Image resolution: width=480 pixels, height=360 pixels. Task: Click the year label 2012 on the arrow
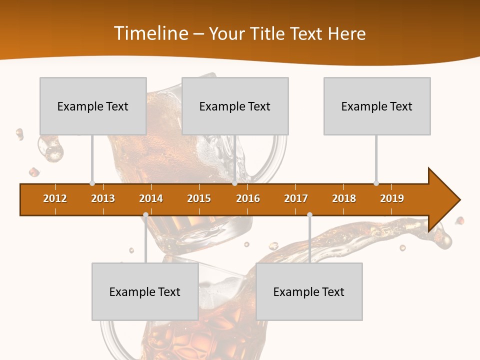(55, 198)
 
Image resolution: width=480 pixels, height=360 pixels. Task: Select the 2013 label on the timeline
(103, 198)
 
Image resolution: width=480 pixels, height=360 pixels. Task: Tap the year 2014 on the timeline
(151, 198)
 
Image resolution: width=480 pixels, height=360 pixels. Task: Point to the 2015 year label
(199, 198)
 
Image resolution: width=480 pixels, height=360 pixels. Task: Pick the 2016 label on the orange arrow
(248, 198)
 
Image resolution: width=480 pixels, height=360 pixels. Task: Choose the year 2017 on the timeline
(296, 198)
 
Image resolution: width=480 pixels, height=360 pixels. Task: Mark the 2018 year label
(344, 198)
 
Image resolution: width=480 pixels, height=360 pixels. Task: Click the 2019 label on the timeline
(392, 198)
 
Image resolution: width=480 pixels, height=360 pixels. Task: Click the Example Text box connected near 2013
(93, 106)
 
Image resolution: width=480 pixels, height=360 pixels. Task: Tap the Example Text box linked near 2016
(235, 106)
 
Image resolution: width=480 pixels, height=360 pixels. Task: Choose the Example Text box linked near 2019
(377, 106)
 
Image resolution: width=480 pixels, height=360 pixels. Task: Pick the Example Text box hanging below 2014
(145, 291)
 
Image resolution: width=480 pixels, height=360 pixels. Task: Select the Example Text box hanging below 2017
(309, 291)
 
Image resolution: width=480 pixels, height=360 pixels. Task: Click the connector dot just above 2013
(92, 183)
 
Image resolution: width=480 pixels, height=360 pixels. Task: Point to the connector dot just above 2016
(234, 183)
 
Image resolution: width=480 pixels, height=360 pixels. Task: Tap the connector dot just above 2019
(376, 183)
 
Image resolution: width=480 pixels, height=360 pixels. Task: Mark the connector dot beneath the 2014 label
(145, 215)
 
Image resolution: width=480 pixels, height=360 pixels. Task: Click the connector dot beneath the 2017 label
(309, 215)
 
